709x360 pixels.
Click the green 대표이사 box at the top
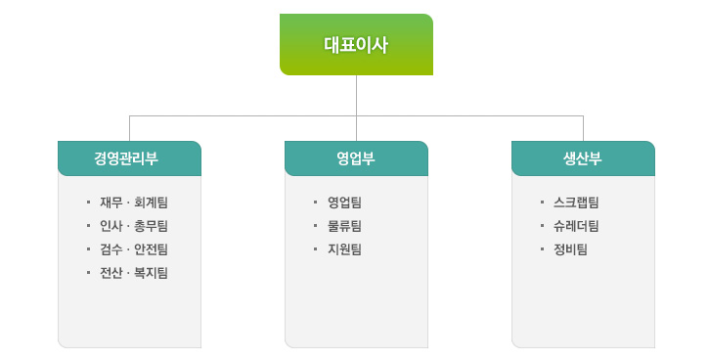356,44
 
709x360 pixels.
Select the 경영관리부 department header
129,158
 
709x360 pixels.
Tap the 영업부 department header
356,158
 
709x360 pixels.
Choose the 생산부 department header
583,158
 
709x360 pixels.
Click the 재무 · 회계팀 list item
134,202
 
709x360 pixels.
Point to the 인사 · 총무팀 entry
134,226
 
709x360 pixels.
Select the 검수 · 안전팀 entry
134,249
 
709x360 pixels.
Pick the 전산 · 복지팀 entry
134,273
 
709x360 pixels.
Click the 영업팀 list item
344,202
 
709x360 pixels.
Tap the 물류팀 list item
344,226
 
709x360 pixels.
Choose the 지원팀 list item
344,249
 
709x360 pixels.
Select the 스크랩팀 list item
575,202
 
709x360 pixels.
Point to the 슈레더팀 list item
575,226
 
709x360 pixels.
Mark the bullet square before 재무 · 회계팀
88,202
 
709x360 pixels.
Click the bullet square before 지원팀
315,249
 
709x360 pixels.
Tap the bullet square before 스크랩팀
542,202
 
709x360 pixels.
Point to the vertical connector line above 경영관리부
129,128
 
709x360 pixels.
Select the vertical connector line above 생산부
583,128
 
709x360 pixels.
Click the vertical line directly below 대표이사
356,95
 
